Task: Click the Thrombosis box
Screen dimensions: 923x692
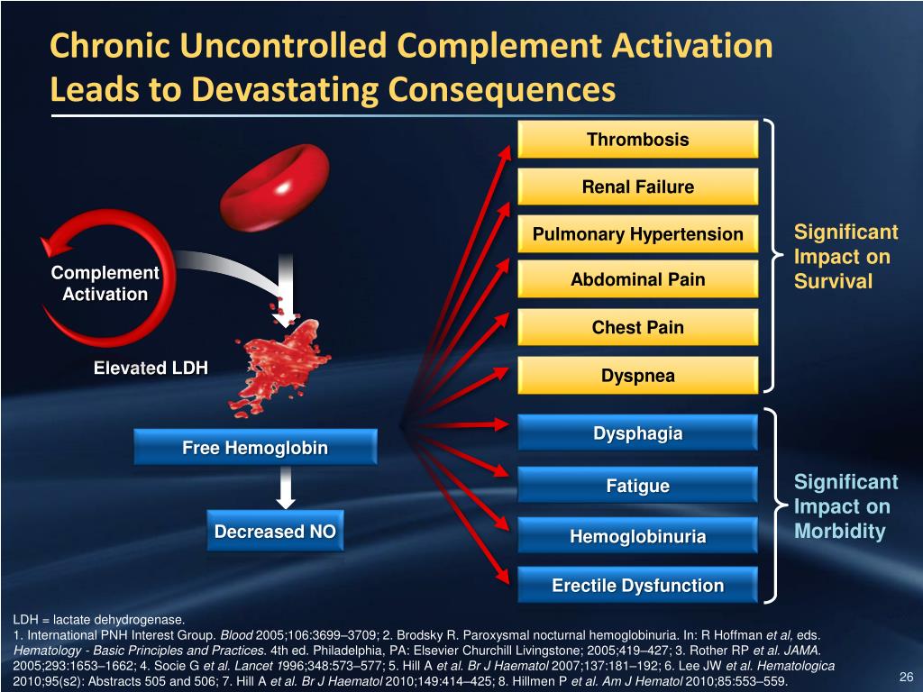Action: (x=637, y=140)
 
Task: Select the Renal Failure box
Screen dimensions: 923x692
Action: (x=637, y=187)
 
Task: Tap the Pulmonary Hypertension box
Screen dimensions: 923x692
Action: (x=637, y=235)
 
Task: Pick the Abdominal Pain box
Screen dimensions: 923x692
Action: (x=637, y=280)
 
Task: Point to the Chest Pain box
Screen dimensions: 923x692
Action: (x=637, y=328)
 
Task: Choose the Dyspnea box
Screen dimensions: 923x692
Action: (x=637, y=376)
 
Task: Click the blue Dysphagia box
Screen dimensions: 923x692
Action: (x=637, y=433)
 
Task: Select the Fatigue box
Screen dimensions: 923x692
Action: (x=637, y=487)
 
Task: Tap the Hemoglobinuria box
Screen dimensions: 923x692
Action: (x=637, y=537)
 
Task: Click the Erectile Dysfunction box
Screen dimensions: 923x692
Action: (x=637, y=586)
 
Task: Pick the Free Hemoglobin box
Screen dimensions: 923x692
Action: (x=255, y=448)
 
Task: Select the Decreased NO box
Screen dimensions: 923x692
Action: (x=275, y=532)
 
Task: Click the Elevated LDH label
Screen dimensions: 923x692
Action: (x=151, y=368)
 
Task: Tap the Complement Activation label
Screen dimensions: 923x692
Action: (x=105, y=284)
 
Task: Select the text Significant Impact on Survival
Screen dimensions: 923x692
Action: (x=845, y=257)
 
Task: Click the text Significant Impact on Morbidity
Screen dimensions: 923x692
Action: (x=845, y=506)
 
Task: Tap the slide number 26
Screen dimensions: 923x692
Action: (x=907, y=678)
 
